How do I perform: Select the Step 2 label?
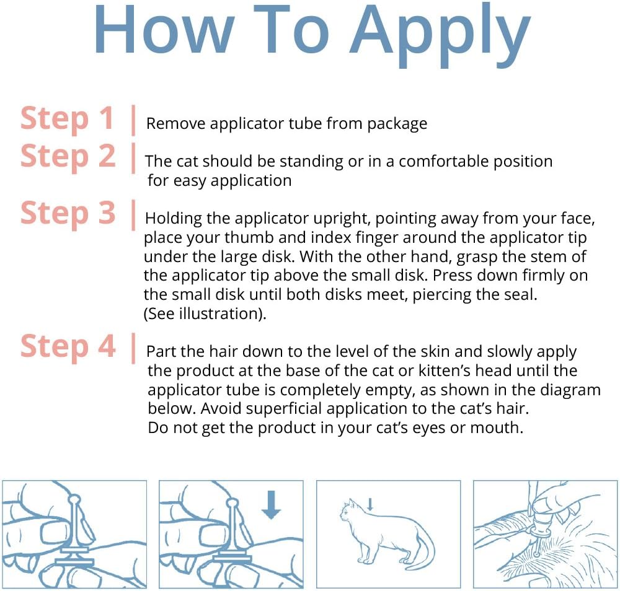coord(68,157)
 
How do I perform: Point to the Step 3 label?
coord(68,214)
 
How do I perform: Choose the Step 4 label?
coord(68,347)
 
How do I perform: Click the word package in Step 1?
coord(397,125)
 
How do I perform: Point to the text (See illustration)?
coord(205,313)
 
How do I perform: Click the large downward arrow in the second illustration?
coord(272,505)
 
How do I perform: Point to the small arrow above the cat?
coord(370,504)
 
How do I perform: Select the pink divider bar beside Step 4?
coord(133,348)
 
